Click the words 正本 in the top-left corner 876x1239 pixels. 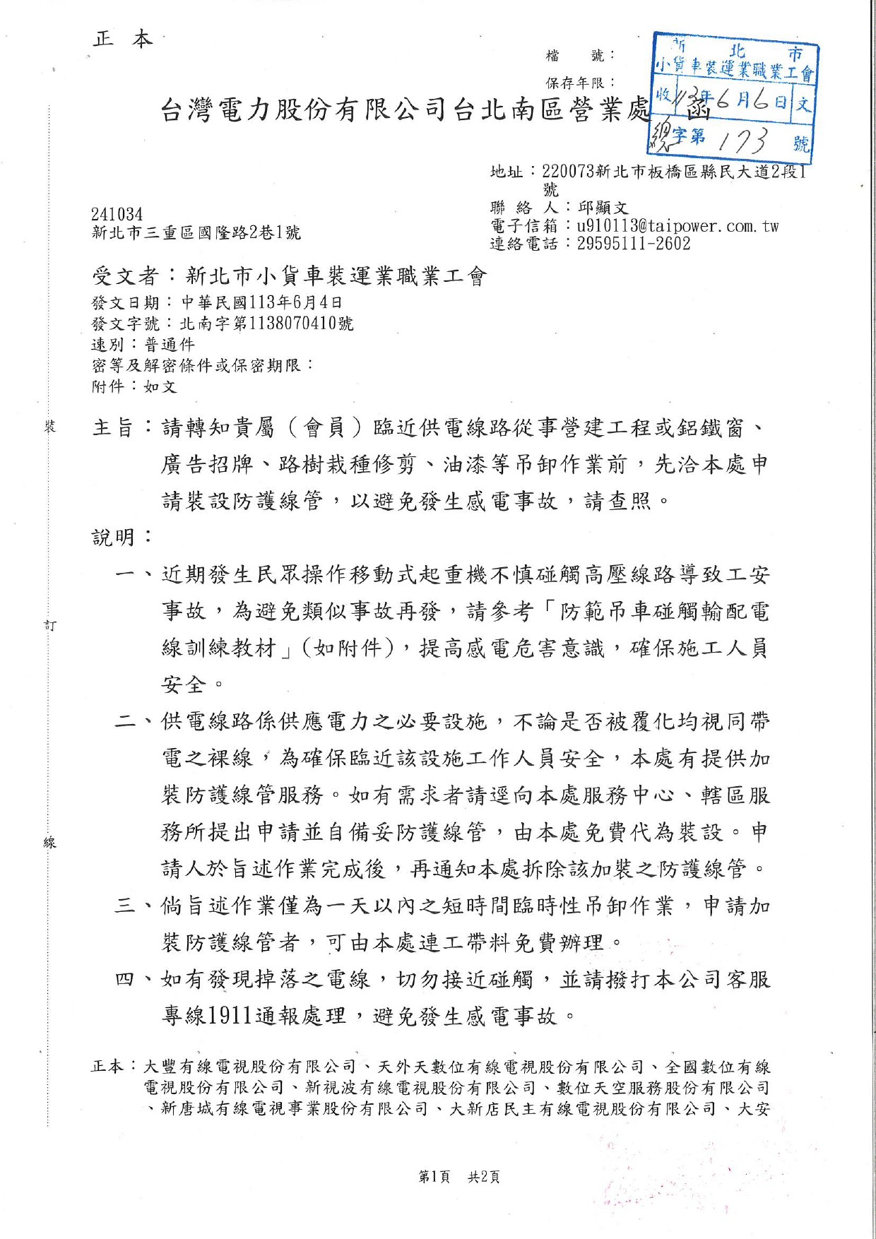coord(122,39)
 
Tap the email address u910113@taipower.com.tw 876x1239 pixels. coord(677,226)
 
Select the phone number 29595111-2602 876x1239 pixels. coord(633,244)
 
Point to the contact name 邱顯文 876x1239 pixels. coord(603,208)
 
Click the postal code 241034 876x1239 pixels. coord(117,214)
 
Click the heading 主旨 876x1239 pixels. coord(113,428)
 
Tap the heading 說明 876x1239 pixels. coord(113,538)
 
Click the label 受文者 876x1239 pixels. coord(125,275)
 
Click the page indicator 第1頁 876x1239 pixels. coord(434,1177)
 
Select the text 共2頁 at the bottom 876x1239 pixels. coord(484,1177)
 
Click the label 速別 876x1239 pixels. coord(108,345)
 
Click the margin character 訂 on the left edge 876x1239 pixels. coord(50,625)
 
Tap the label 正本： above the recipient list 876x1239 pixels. coord(113,1067)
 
